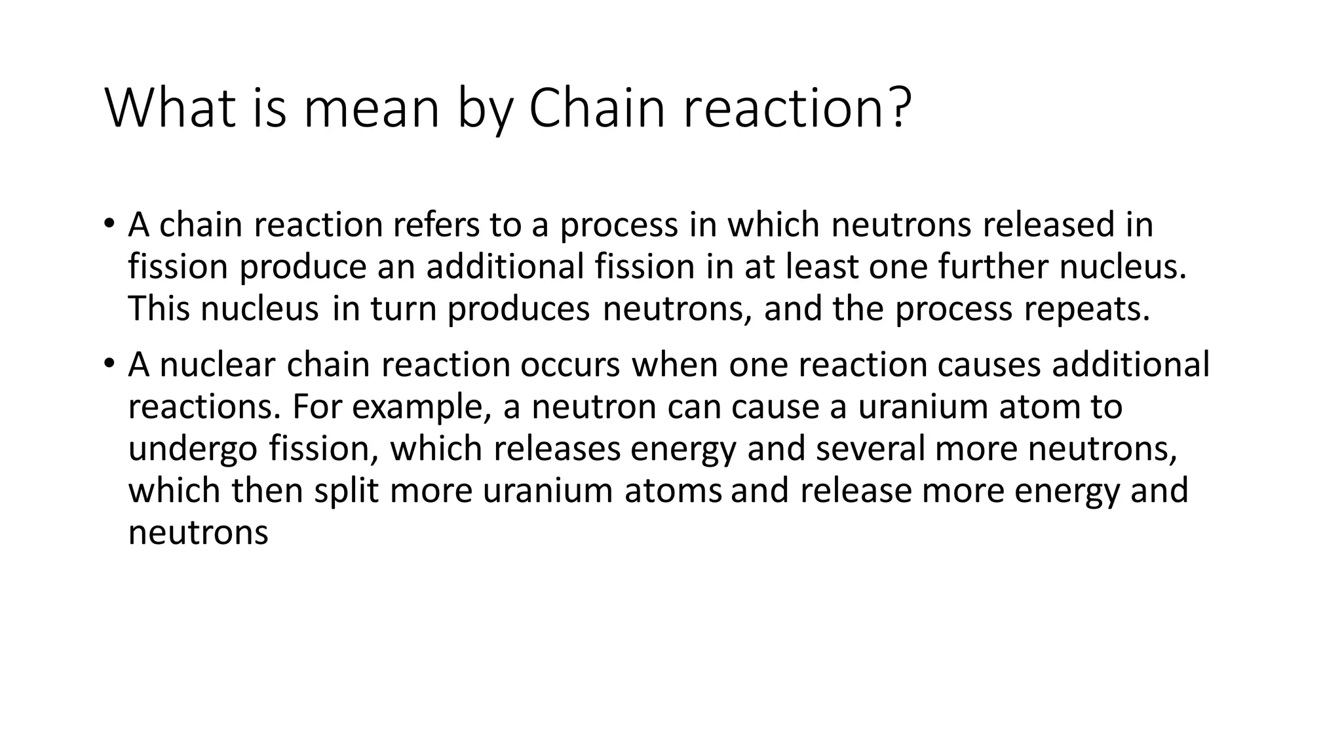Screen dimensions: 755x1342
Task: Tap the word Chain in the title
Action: coord(596,108)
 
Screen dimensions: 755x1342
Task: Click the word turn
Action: coord(404,309)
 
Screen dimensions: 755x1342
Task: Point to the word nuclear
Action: coord(218,364)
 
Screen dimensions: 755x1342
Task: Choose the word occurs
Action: coord(570,364)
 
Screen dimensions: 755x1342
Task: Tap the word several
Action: coord(870,449)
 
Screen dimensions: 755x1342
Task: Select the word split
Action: coord(347,491)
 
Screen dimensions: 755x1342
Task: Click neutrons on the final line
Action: coord(198,532)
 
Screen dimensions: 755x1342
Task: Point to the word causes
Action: coord(989,364)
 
